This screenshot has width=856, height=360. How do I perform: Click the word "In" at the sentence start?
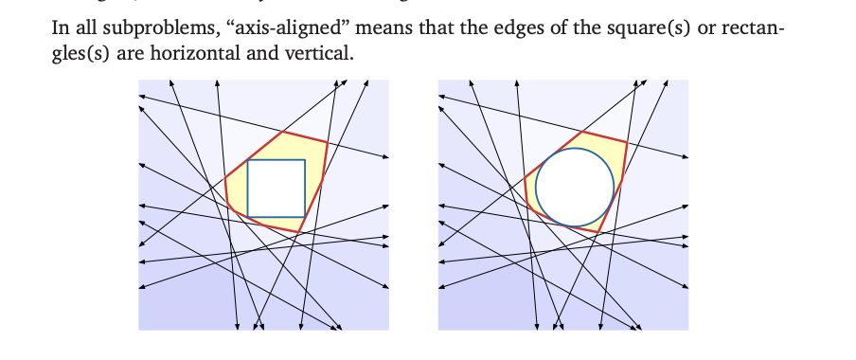click(61, 26)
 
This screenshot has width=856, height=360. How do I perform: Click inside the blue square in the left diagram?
click(276, 188)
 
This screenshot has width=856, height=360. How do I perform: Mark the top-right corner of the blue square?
click(305, 160)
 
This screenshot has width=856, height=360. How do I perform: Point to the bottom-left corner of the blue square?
click(247, 216)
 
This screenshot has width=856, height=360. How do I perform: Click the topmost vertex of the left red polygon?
click(282, 131)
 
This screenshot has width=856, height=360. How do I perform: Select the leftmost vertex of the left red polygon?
click(224, 176)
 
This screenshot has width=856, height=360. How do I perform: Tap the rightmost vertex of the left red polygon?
click(328, 143)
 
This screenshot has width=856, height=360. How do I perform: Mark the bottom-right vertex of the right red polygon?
click(599, 231)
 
